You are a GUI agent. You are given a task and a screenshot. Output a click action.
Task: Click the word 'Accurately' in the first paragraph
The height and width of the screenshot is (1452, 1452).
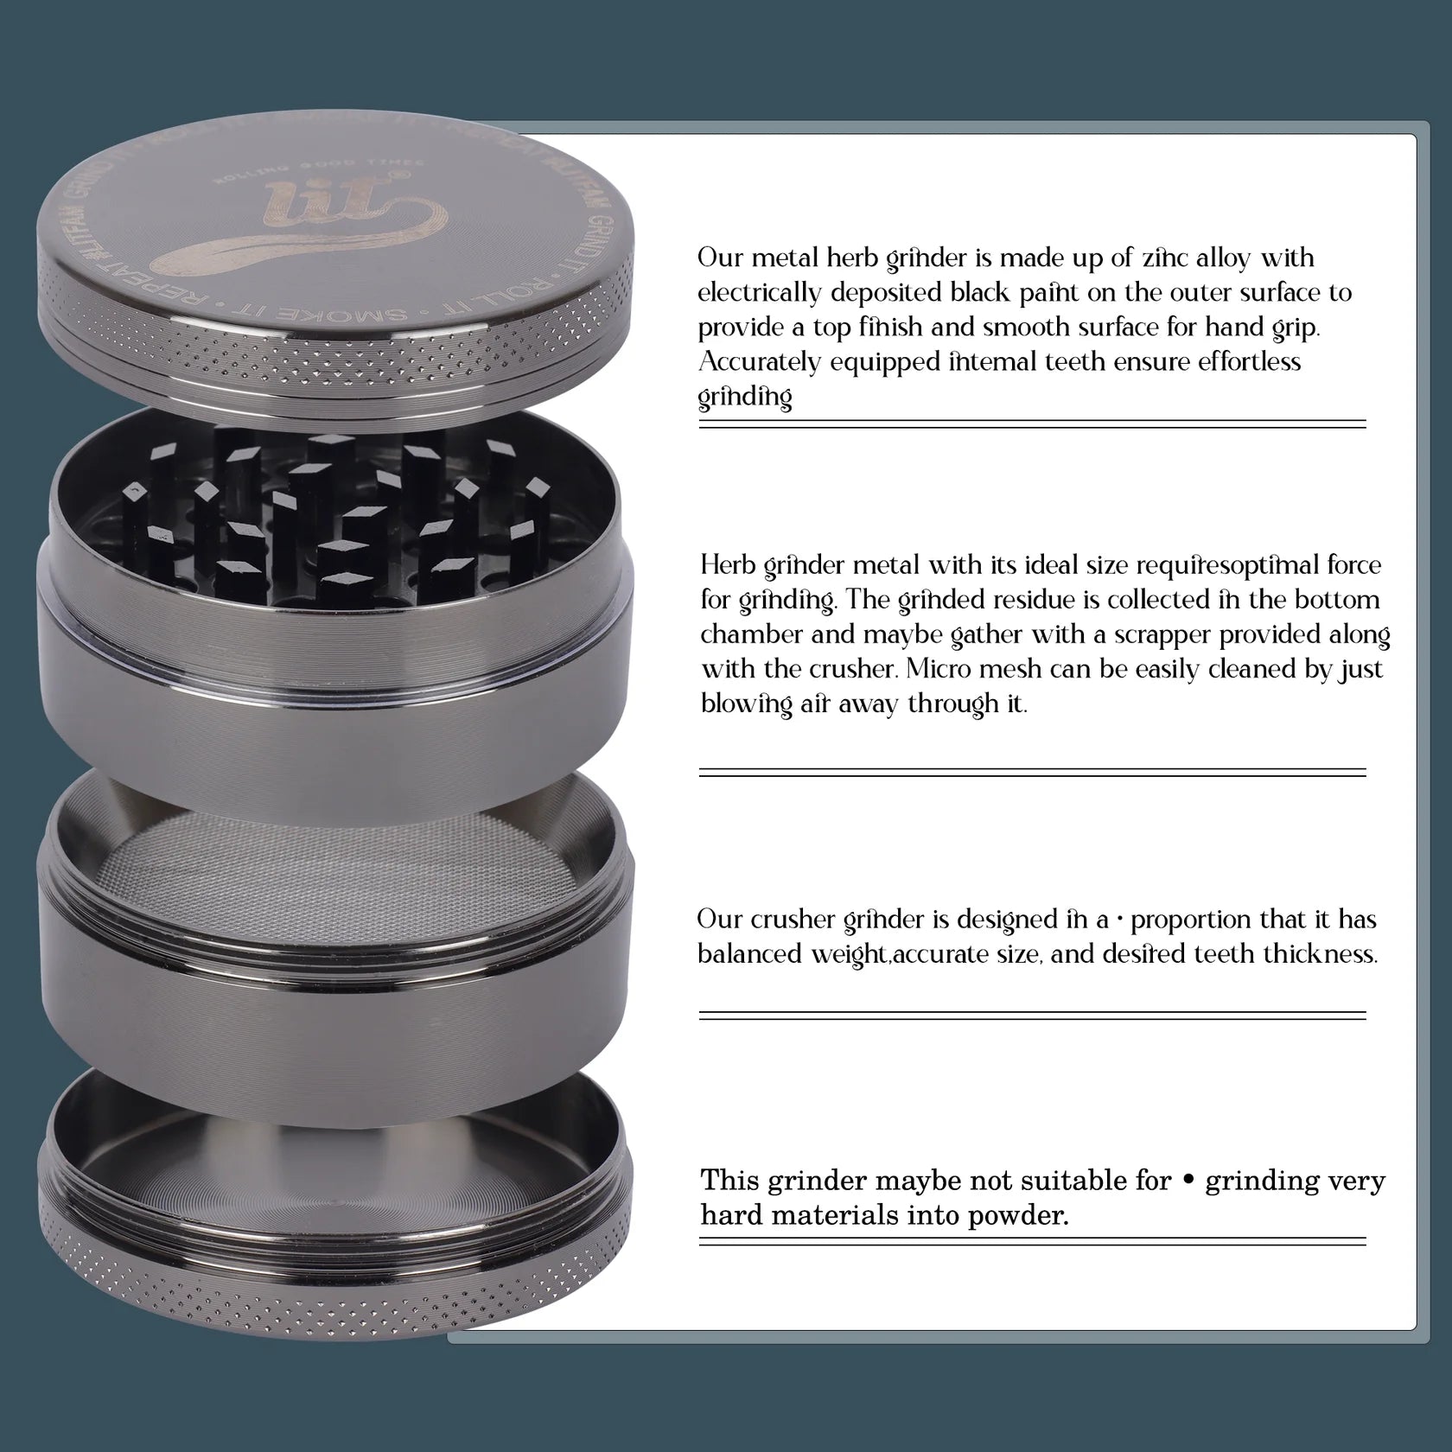(x=759, y=362)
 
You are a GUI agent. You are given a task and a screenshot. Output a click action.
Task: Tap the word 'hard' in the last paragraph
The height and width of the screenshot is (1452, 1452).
(x=730, y=1215)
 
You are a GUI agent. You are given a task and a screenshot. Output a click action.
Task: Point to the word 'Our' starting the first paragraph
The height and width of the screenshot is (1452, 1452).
(x=720, y=258)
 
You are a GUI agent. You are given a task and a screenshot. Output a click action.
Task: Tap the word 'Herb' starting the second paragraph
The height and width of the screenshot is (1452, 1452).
(x=728, y=566)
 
